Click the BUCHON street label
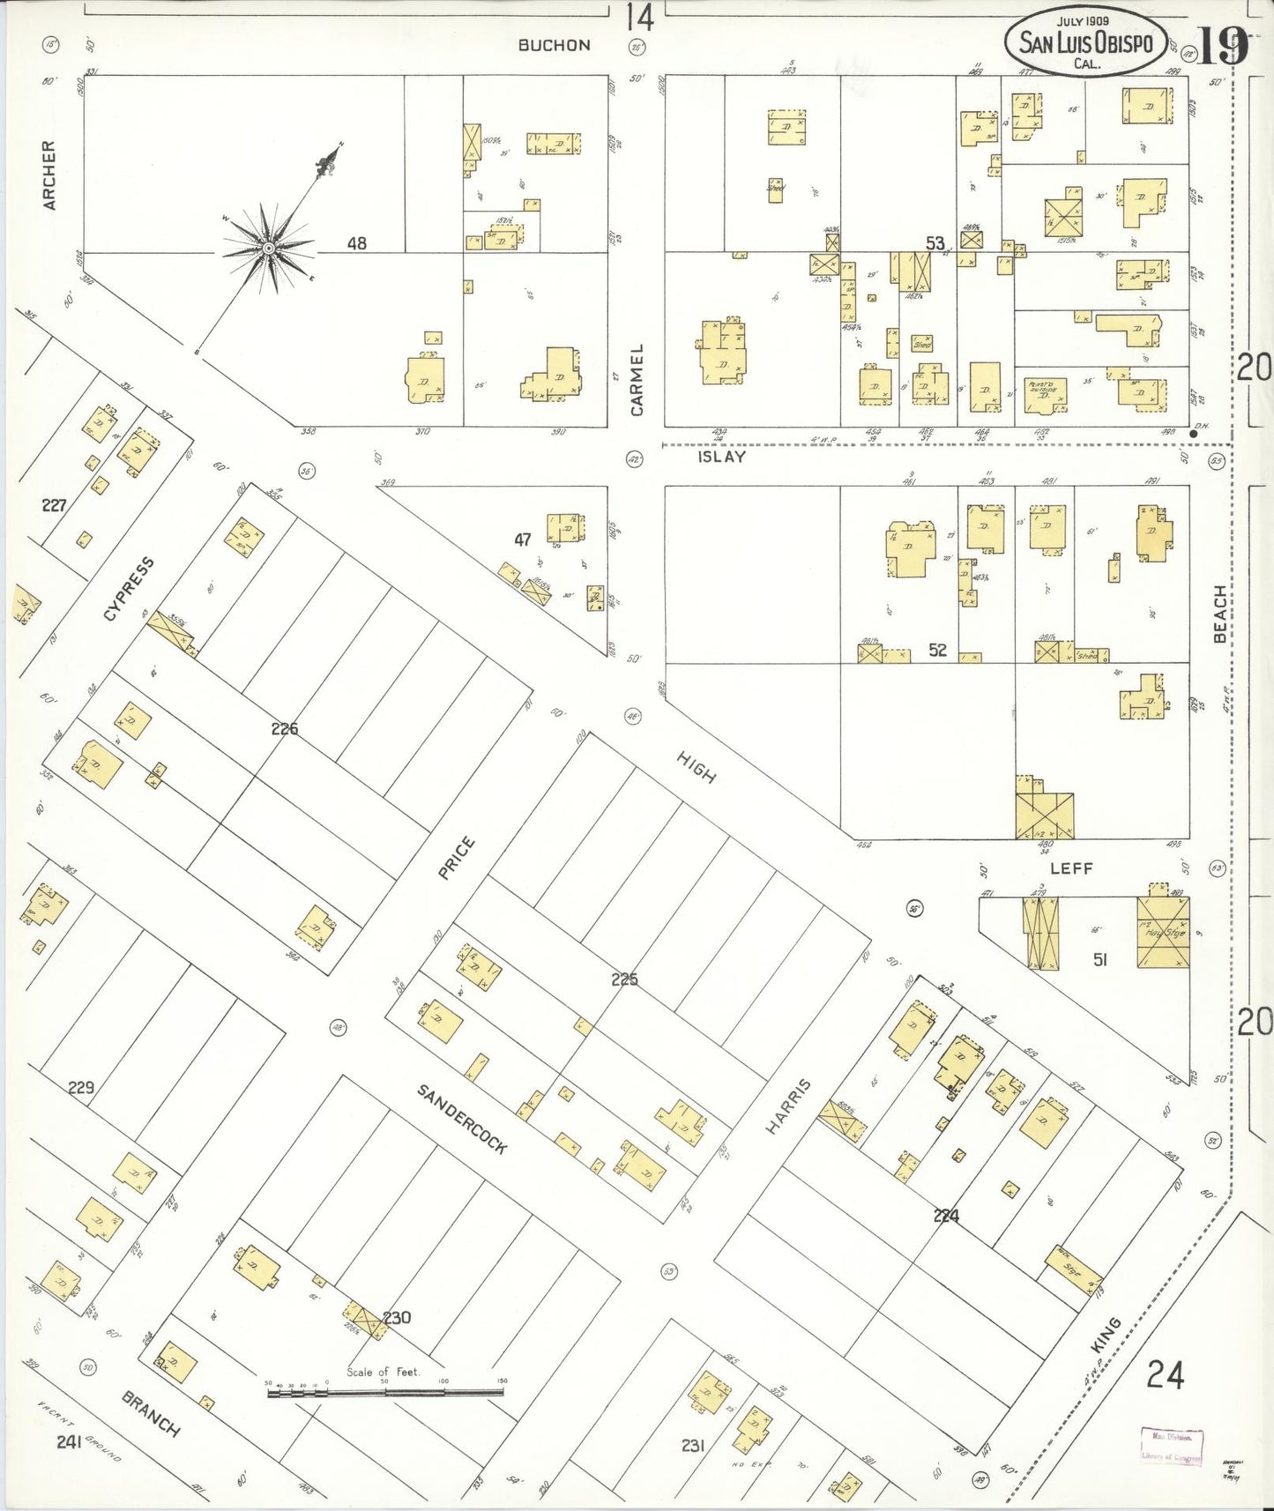tap(554, 45)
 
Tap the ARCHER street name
tap(49, 175)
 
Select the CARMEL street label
tap(637, 380)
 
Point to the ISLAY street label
tap(721, 458)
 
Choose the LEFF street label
tap(1071, 868)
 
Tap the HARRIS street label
tap(787, 1105)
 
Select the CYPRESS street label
tap(129, 589)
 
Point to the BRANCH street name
tap(151, 1413)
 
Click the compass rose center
tap(268, 248)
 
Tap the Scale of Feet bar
tap(385, 1393)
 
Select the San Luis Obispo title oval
tap(1086, 41)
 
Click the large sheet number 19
tap(1222, 46)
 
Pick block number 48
tap(356, 243)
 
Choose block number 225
tap(624, 979)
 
